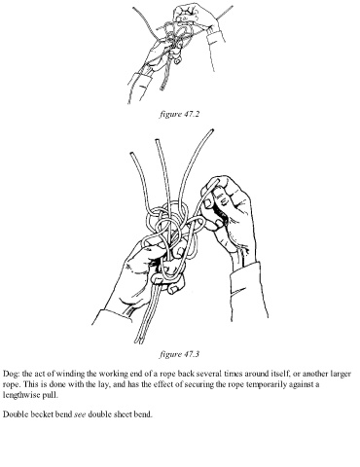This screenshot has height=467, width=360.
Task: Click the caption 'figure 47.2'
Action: pos(179,114)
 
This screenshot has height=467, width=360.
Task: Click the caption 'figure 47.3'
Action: pos(179,354)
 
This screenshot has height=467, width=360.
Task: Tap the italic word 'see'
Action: pos(80,414)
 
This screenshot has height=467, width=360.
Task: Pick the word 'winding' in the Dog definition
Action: pos(71,374)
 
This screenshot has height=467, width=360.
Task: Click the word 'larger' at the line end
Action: pos(341,374)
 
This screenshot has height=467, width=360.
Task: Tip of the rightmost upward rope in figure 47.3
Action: pos(212,130)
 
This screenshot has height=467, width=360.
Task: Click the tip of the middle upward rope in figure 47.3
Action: pos(158,140)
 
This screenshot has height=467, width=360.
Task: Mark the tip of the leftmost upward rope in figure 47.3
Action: pos(132,154)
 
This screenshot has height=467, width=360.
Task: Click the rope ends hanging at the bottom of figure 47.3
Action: pos(140,339)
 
